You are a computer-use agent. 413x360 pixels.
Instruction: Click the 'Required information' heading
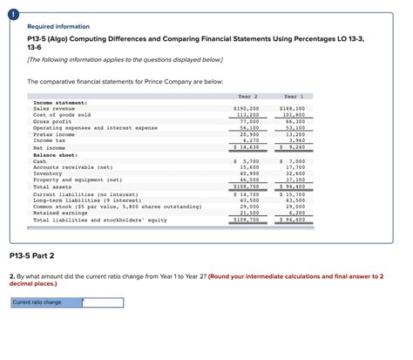[x=55, y=26]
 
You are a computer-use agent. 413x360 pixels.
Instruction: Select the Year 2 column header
[x=247, y=96]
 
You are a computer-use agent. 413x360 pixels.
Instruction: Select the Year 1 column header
[x=292, y=96]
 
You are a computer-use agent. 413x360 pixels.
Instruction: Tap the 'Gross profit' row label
[x=53, y=121]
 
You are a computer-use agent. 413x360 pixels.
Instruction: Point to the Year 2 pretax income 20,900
[x=248, y=134]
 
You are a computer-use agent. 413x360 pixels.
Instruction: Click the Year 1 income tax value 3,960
[x=295, y=140]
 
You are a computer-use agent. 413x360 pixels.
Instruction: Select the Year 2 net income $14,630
[x=247, y=147]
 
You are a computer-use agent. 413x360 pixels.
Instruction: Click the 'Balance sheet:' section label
[x=56, y=155]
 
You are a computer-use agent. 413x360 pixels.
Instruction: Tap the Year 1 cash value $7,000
[x=292, y=161]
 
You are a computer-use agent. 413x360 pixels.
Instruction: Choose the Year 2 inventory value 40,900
[x=248, y=173]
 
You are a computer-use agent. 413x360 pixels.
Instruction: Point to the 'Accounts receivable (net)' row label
[x=72, y=167]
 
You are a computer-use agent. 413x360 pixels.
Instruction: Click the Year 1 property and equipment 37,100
[x=294, y=180]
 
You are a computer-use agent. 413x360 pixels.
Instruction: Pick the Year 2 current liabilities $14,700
[x=247, y=194]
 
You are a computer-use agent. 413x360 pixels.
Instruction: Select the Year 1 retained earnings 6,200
[x=295, y=213]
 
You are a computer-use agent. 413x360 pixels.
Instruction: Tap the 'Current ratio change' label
[x=37, y=302]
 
